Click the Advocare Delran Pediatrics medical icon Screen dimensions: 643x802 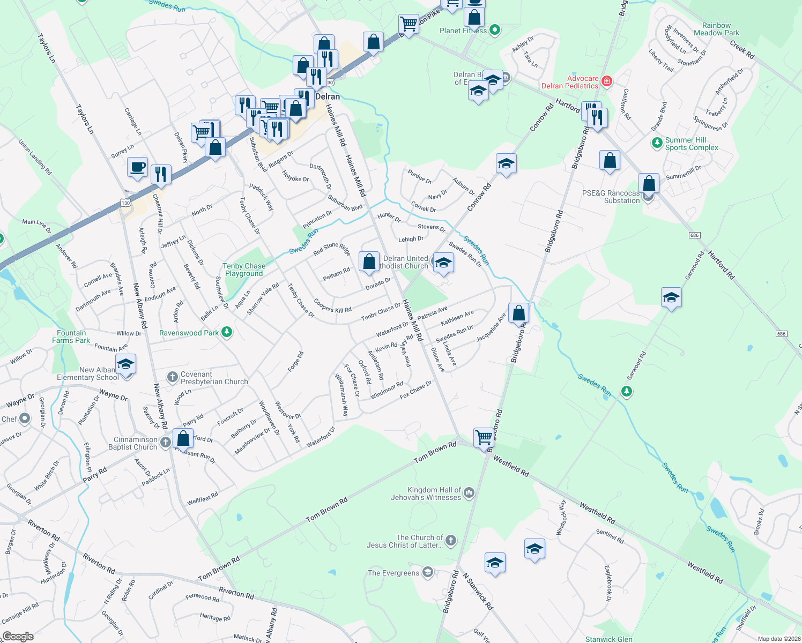pyautogui.click(x=607, y=81)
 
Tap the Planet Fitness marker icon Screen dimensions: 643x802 pyautogui.click(x=495, y=31)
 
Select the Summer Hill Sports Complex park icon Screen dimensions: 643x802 pyautogui.click(x=657, y=143)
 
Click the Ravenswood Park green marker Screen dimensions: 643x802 pyautogui.click(x=227, y=333)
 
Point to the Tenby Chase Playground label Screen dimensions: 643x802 pyautogui.click(x=244, y=270)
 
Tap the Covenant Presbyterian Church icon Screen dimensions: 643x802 pyautogui.click(x=172, y=377)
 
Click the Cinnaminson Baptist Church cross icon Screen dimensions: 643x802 pyautogui.click(x=165, y=443)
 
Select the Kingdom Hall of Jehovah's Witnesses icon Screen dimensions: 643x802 pyautogui.click(x=469, y=493)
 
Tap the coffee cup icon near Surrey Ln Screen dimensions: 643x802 pyautogui.click(x=137, y=168)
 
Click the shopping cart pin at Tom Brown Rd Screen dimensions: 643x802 pyautogui.click(x=484, y=437)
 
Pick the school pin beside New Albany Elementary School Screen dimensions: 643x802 pyautogui.click(x=125, y=365)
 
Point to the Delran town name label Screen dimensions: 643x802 pyautogui.click(x=327, y=96)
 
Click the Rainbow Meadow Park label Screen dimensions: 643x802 pyautogui.click(x=716, y=29)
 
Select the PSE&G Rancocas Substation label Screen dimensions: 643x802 pyautogui.click(x=611, y=197)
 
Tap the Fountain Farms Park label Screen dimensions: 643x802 pyautogui.click(x=71, y=337)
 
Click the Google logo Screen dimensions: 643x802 pyautogui.click(x=18, y=636)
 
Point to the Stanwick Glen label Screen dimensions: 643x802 pyautogui.click(x=608, y=639)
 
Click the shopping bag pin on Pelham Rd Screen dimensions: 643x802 pyautogui.click(x=369, y=262)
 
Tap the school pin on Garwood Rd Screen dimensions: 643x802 pyautogui.click(x=671, y=297)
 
